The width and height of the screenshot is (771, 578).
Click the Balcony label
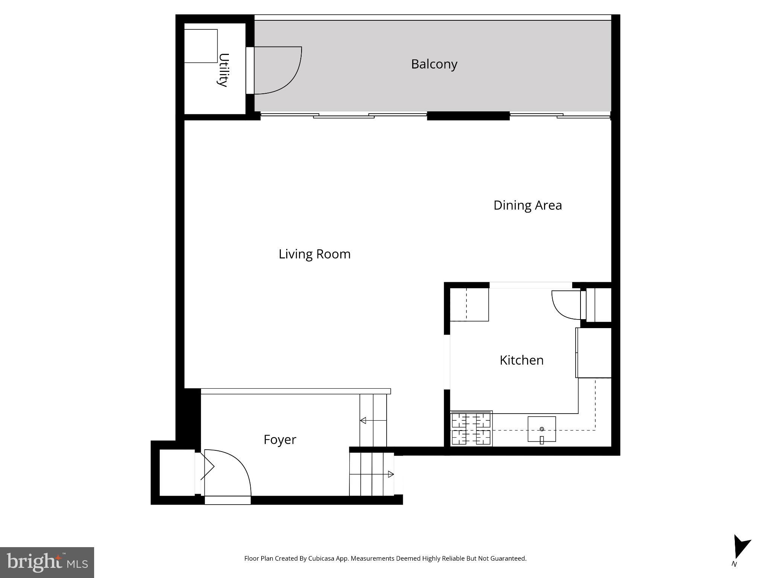click(x=434, y=64)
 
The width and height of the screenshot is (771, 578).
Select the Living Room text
click(x=314, y=254)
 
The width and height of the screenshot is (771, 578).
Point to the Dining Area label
click(x=527, y=205)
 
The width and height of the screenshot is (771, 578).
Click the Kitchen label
click(x=521, y=360)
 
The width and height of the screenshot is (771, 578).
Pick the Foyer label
click(x=280, y=440)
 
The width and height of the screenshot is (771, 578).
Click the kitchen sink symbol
click(x=541, y=429)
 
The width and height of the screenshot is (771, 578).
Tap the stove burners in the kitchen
click(x=471, y=429)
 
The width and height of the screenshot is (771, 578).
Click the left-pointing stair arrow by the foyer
click(x=363, y=421)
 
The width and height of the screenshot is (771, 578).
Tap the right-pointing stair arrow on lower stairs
click(x=391, y=475)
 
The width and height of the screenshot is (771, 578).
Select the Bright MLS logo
click(x=47, y=562)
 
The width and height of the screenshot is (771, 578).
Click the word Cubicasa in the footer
click(x=322, y=559)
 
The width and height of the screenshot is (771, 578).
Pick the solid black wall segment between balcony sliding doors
click(x=468, y=116)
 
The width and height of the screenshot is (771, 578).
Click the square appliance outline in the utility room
click(x=201, y=46)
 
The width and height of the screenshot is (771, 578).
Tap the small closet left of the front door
click(x=177, y=473)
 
